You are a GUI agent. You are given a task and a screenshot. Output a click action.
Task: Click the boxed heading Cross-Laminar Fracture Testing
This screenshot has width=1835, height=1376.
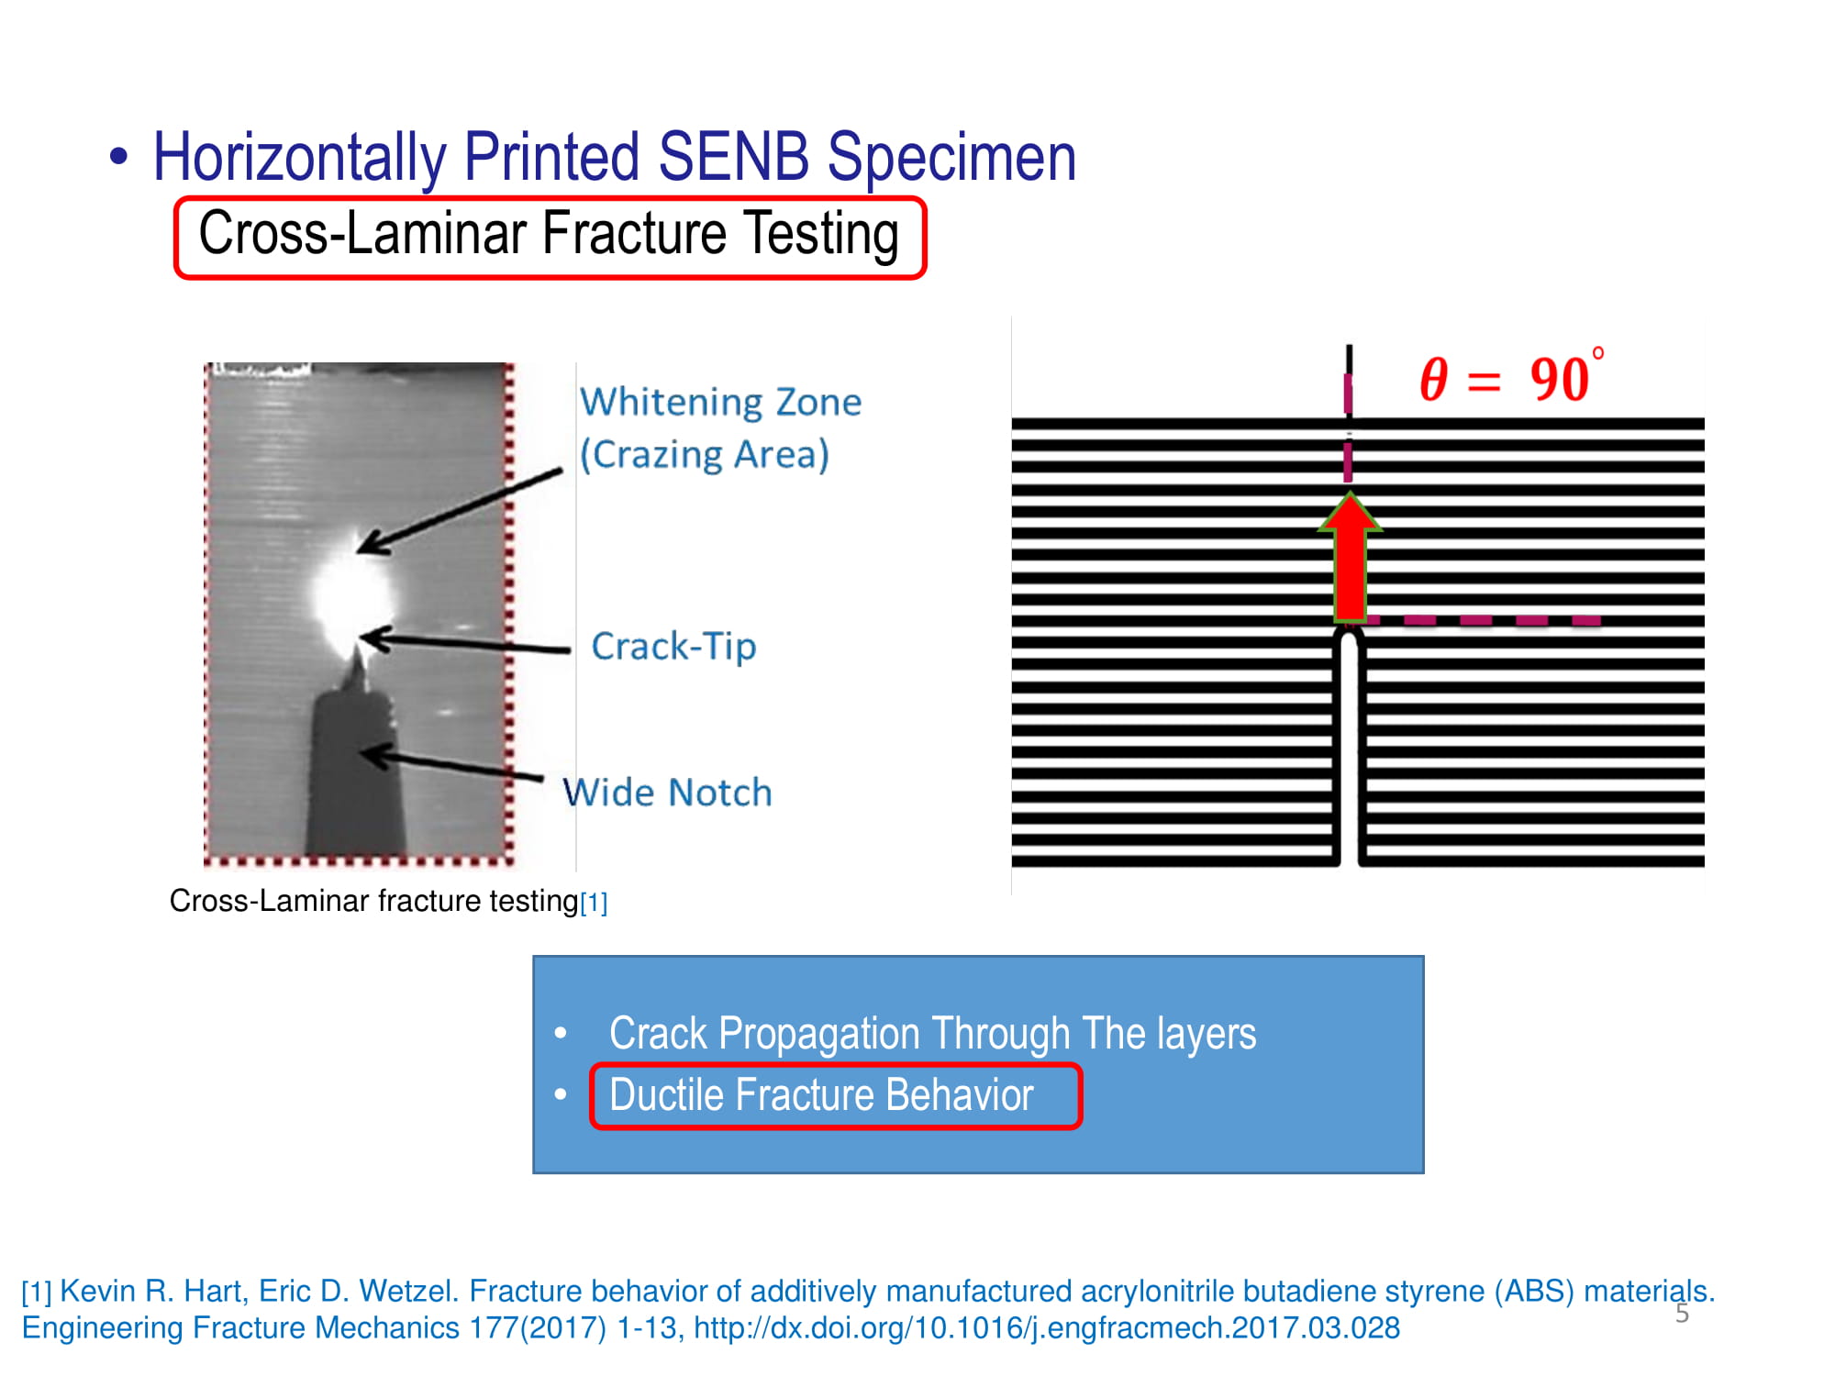[x=549, y=235]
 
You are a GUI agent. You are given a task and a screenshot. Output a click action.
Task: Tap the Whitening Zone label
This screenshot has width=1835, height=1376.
[x=720, y=428]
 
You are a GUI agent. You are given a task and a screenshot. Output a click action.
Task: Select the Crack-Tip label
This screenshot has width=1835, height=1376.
[x=673, y=646]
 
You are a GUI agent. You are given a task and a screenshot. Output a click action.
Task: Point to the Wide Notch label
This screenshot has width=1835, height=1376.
[x=667, y=792]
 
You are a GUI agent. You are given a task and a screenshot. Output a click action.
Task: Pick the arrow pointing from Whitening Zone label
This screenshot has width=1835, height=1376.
[x=460, y=510]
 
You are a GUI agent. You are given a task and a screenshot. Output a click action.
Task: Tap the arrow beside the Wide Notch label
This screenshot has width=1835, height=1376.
[x=451, y=763]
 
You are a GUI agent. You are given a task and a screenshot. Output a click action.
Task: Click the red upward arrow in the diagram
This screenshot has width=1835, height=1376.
[x=1351, y=556]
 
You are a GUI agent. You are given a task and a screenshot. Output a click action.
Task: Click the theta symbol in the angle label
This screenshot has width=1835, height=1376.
[x=1434, y=379]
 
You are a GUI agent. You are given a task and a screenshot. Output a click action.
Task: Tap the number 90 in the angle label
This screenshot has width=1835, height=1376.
[x=1559, y=379]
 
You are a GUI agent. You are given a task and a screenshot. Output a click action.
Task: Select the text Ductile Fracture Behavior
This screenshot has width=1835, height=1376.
[x=821, y=1094]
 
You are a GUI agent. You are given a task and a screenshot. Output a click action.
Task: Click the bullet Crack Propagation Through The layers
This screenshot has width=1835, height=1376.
[x=932, y=1033]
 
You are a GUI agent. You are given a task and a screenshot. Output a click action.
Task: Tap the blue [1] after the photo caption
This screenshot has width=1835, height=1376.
[x=594, y=903]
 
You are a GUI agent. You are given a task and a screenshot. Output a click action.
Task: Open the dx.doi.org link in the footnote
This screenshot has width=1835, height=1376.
[x=1047, y=1327]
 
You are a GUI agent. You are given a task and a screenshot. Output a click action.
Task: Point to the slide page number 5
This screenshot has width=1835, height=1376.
[x=1682, y=1313]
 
